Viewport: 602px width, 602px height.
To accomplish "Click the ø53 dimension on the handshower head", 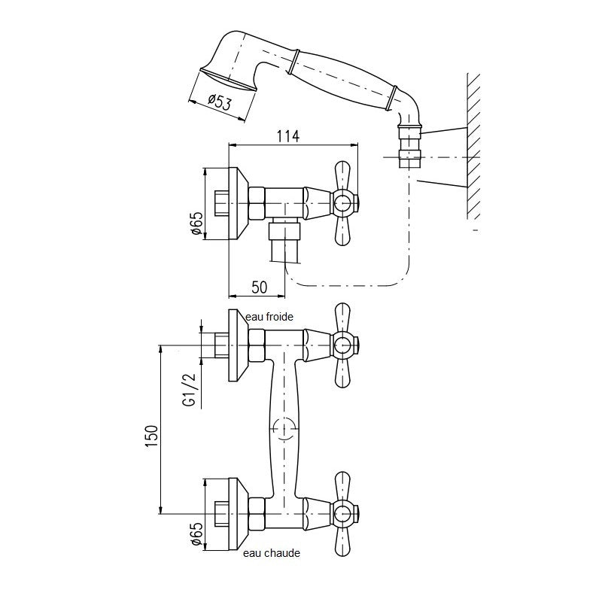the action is pyautogui.click(x=220, y=102).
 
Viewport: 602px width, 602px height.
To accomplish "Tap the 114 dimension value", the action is pyautogui.click(x=288, y=136).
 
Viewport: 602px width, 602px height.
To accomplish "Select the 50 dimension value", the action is pyautogui.click(x=260, y=287).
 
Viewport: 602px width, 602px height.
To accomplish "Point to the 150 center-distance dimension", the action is pyautogui.click(x=152, y=436).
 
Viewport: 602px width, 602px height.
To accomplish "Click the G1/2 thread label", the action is pyautogui.click(x=190, y=390).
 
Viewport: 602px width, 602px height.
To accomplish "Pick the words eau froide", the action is pyautogui.click(x=269, y=317).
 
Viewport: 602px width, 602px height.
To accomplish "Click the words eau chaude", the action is pyautogui.click(x=272, y=553).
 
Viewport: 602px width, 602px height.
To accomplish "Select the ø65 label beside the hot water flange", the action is pyautogui.click(x=196, y=534).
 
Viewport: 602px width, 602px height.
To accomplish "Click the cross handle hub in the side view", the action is pyautogui.click(x=342, y=203).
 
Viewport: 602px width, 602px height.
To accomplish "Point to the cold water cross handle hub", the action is pyautogui.click(x=342, y=345).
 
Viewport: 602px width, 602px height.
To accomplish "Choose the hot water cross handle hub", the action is pyautogui.click(x=342, y=513).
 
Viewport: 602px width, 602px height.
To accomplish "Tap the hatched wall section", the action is pyautogui.click(x=474, y=146).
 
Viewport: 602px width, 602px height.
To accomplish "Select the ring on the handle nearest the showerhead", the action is pyautogui.click(x=293, y=61).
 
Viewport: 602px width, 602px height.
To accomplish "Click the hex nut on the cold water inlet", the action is pyautogui.click(x=257, y=345).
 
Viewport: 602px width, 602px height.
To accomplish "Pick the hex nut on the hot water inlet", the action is pyautogui.click(x=257, y=513).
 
